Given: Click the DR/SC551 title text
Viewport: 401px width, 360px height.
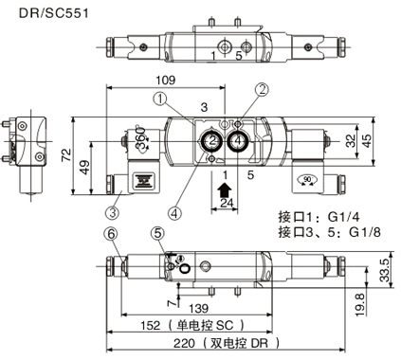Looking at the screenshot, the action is pos(54,13).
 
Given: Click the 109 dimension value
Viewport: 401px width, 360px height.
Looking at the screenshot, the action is pos(166,81).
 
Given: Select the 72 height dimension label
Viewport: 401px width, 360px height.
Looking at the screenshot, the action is pos(66,155).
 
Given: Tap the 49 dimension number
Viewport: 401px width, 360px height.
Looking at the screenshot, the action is pos(84,168).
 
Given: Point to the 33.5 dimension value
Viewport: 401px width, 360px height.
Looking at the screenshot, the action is pos(385,270).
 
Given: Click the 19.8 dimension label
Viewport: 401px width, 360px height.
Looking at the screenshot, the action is pos(359,304).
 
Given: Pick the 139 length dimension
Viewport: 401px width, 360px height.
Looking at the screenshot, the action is pos(199,308).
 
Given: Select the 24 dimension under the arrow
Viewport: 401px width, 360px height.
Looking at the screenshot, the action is pos(227,203).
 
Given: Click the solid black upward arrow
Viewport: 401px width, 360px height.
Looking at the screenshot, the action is pos(225,190).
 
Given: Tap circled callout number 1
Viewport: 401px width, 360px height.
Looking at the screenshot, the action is pos(160,99).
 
